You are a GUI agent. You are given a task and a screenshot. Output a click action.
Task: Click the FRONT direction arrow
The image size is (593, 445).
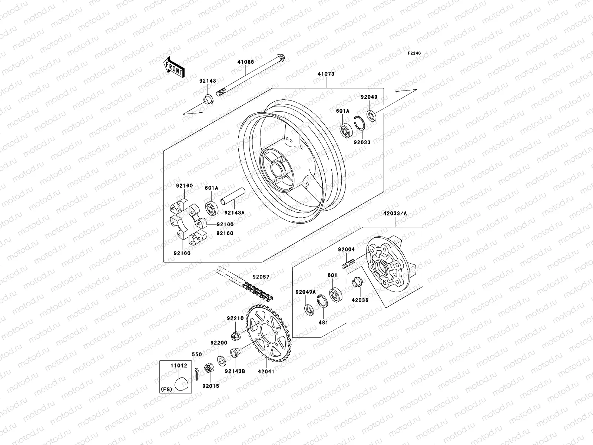coord(180,67)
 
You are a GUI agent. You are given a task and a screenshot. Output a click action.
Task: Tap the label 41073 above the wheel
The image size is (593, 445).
coord(326,74)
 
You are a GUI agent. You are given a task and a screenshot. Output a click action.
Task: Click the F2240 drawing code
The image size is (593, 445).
coord(414,53)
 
